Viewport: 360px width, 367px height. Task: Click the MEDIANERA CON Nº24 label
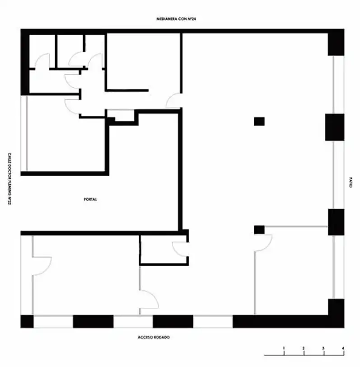point(176,19)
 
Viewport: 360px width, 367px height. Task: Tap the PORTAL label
point(90,199)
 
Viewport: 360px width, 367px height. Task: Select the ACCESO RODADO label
point(154,337)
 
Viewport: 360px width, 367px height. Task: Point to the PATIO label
point(351,182)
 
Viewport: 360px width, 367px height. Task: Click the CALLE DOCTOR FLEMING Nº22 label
point(9,179)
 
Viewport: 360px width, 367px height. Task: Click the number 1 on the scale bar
point(284,348)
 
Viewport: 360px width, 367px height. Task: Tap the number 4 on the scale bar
point(343,348)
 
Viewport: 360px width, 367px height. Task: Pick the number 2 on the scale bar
point(304,348)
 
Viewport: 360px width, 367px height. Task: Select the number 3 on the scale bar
point(323,348)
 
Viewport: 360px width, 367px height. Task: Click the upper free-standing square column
point(259,122)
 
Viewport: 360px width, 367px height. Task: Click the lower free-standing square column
point(259,230)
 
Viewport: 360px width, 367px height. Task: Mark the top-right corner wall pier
point(336,42)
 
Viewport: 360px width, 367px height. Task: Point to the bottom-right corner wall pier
point(336,313)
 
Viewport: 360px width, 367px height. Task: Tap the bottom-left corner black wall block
point(27,321)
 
